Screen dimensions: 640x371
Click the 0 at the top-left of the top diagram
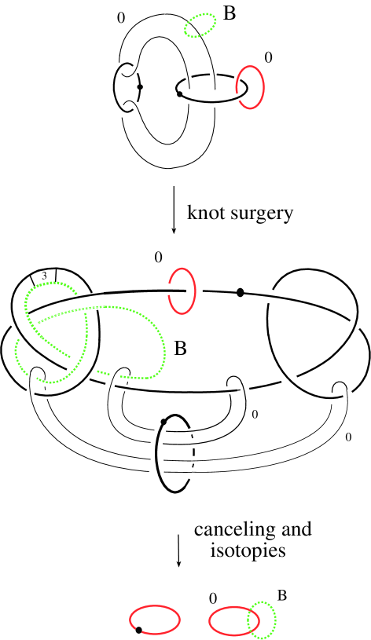click(120, 16)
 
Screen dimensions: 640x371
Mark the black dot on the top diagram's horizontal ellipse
click(180, 94)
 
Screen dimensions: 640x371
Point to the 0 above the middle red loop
click(159, 258)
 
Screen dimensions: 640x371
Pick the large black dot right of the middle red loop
click(241, 293)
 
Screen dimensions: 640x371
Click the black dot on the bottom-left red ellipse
click(138, 629)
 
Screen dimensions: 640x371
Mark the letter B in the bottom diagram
click(281, 595)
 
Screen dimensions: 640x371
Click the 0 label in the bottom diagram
click(212, 598)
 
